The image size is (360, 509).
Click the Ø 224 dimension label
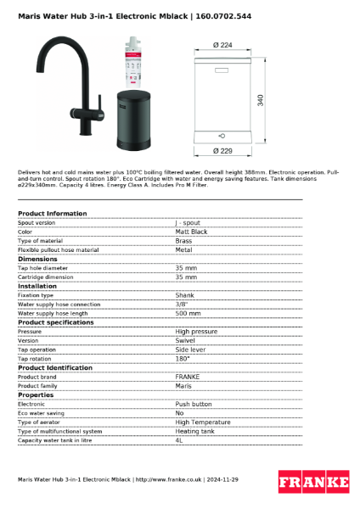[223, 44]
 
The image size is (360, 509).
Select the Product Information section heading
[52, 214]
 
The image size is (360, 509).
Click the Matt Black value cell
[191, 232]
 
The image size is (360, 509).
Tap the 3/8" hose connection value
[181, 305]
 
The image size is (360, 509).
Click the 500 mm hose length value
[187, 313]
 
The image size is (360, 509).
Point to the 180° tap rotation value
[183, 358]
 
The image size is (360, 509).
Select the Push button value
[194, 405]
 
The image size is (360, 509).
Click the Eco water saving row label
[42, 413]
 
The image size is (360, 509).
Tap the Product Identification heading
[55, 367]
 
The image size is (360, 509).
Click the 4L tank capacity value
[179, 440]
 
